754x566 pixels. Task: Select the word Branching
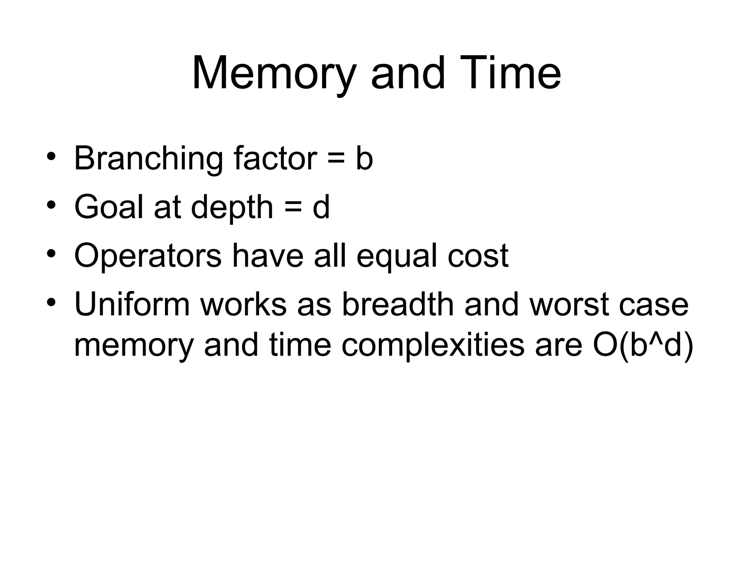point(148,159)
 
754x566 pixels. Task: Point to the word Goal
point(108,207)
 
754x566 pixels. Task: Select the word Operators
point(148,256)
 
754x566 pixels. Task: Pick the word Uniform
point(132,305)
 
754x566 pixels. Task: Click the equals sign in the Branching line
point(335,160)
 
